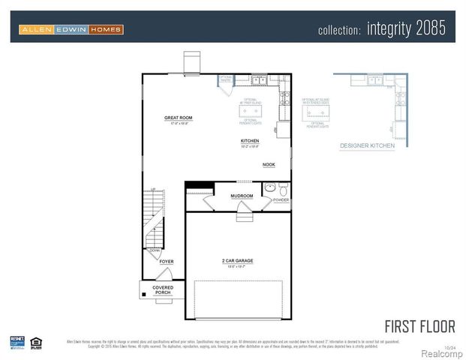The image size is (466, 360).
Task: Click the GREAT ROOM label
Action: [179, 118]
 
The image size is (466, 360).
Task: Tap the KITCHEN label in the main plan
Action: [250, 141]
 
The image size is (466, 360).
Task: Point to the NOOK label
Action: [268, 164]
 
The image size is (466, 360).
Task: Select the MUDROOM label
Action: [242, 196]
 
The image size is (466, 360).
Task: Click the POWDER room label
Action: [281, 200]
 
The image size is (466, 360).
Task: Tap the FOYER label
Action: [166, 262]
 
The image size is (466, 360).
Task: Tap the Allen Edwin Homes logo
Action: [71, 29]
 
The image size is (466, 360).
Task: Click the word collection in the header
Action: [339, 30]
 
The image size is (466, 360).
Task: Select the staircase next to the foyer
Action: [154, 217]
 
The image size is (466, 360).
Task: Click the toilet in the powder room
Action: [281, 187]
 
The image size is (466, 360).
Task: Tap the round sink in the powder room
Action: [269, 187]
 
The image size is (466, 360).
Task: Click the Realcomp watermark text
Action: [440, 352]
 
